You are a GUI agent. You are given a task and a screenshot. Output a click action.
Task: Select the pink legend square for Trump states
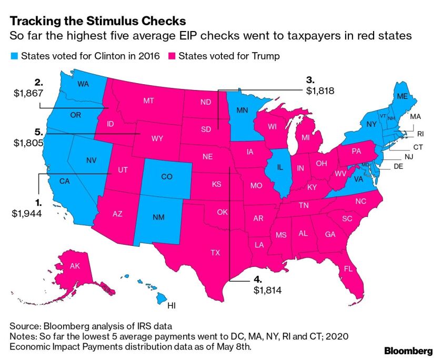172,56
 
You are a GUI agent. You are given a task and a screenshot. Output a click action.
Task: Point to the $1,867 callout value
29,93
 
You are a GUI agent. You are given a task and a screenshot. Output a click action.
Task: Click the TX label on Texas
215,253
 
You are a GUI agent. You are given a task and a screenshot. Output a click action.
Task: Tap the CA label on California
64,182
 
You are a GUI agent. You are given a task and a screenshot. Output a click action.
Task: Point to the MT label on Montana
148,99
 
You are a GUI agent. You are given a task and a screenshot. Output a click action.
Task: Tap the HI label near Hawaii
172,305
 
